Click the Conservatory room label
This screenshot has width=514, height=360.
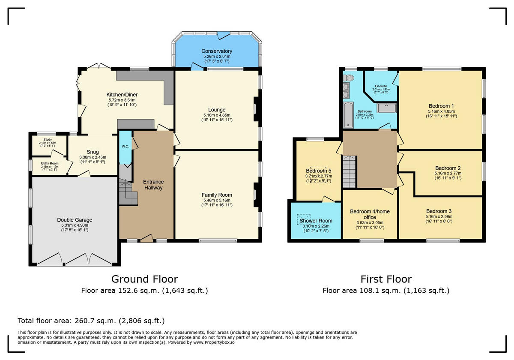217,51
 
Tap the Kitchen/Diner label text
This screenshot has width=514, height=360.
122,95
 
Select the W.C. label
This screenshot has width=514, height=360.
125,147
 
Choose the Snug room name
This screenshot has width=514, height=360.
93,152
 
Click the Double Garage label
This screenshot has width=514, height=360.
75,220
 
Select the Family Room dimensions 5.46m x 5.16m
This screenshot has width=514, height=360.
216,200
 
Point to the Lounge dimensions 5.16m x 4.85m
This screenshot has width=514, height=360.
217,115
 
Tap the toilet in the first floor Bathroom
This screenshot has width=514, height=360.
349,78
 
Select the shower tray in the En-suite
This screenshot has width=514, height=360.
387,108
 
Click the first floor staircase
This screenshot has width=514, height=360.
350,172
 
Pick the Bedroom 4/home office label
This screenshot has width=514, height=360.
370,214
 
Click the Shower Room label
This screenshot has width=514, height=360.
316,221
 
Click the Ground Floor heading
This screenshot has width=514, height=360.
144,279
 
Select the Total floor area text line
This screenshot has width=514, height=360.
91,321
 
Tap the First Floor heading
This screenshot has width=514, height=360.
386,279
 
